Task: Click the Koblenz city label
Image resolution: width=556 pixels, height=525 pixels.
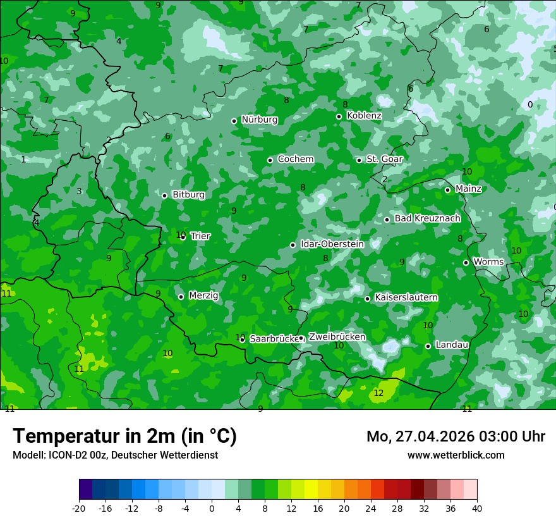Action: click(364, 116)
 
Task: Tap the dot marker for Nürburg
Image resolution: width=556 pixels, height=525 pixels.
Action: click(234, 121)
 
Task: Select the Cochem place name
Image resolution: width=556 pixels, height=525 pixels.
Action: click(295, 159)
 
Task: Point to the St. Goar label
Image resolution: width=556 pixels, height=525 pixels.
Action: click(384, 159)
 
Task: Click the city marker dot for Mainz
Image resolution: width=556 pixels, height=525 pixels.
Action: click(447, 190)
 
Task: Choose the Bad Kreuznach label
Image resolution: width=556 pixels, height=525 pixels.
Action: click(427, 218)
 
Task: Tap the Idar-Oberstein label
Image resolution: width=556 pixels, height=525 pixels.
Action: click(332, 244)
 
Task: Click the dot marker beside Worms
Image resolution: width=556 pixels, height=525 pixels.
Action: click(466, 262)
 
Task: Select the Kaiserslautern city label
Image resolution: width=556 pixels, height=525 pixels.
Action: click(406, 297)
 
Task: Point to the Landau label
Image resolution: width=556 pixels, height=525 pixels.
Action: click(452, 345)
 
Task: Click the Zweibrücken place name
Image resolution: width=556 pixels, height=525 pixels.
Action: click(337, 337)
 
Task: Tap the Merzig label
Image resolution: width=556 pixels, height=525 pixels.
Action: click(203, 295)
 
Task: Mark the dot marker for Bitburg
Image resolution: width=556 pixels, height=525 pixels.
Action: click(164, 195)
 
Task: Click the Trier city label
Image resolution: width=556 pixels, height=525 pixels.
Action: click(200, 236)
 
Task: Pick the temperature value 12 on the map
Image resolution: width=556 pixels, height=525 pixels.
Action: click(378, 393)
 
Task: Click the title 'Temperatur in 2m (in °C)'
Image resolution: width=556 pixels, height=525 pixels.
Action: click(124, 436)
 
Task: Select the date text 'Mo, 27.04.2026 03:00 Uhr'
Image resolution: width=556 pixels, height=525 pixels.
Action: click(456, 436)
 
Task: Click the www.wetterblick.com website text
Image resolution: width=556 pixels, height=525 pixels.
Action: click(456, 455)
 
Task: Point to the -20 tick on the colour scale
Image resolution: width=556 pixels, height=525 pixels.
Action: click(79, 508)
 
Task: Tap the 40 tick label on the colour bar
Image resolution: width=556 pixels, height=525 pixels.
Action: click(476, 508)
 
